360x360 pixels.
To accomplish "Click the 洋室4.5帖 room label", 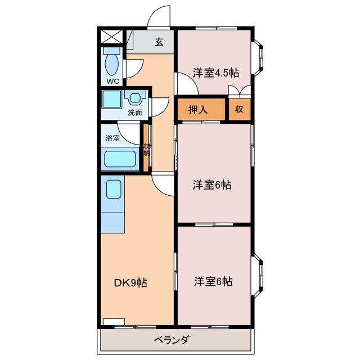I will pos(215,73).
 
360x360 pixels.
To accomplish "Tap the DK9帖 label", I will pos(131,283).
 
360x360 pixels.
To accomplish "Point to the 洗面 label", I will pos(134,112).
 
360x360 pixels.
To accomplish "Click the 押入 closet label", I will pos(196,110).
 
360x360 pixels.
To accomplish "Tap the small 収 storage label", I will pos(240,110).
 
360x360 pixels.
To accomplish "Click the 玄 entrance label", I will pos(159,42).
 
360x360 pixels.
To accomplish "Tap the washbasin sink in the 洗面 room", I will pos(135,98).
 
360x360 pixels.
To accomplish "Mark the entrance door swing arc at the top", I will pos(159,15).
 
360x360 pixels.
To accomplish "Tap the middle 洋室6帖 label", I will pos(213,184).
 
